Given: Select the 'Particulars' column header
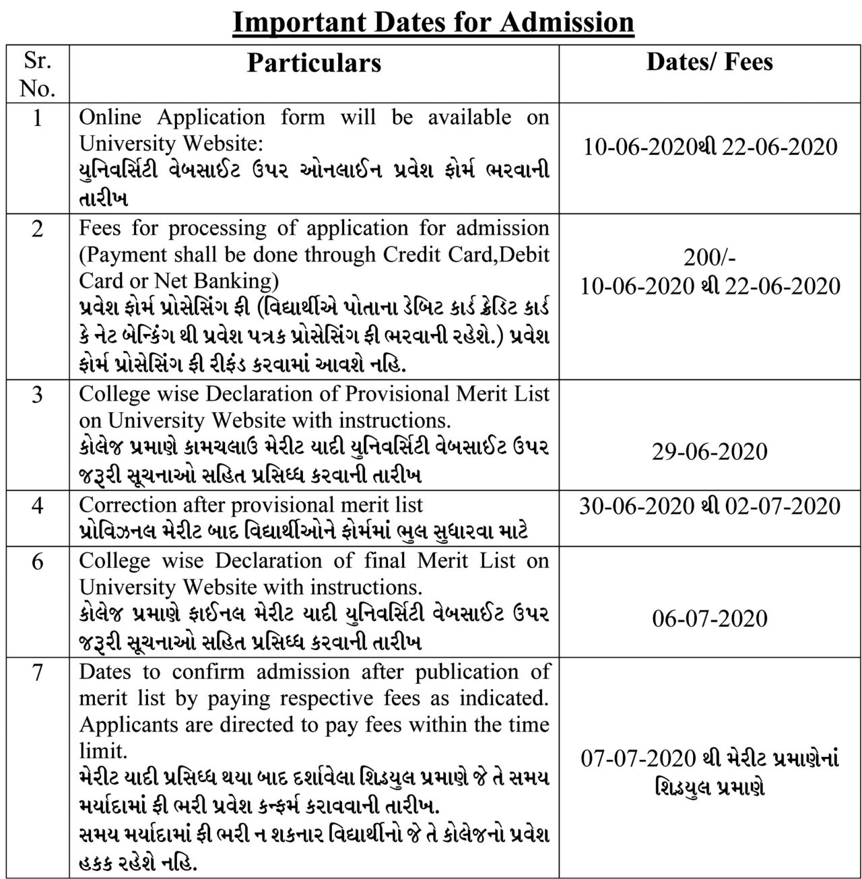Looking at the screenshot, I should click(314, 63).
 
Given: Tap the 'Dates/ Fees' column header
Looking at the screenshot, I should click(709, 61).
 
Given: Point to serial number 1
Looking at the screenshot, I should click(37, 118).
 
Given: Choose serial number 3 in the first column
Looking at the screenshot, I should click(37, 395).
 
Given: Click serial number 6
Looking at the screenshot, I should click(37, 561).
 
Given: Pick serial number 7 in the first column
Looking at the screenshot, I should click(37, 672).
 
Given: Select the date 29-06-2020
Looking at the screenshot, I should click(709, 451).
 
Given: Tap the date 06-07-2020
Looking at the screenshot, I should click(709, 618).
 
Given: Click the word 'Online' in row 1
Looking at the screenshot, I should click(110, 117).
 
